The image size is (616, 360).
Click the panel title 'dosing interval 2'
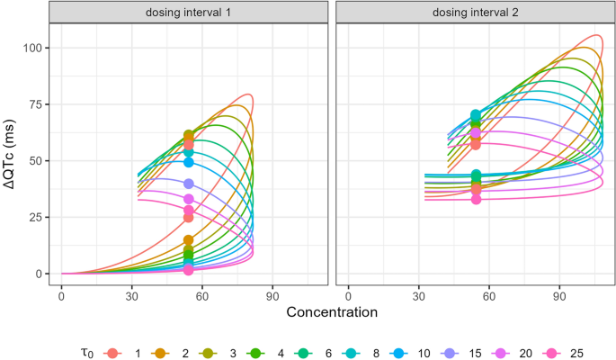474,12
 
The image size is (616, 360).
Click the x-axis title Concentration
331,311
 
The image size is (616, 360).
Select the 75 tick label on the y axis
31,104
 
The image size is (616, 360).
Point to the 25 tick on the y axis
31,217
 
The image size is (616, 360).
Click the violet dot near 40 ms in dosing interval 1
189,184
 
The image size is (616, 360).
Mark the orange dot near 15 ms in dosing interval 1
189,240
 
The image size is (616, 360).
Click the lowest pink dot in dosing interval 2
476,199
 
